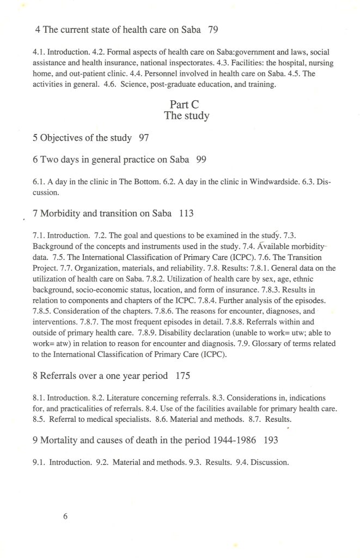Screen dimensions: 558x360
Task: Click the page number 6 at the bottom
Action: tap(65, 517)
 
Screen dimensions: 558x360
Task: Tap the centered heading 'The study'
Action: tap(186, 116)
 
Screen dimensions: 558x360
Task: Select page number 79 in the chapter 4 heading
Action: tap(213, 31)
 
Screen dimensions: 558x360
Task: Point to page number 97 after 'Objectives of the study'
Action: tap(144, 138)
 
